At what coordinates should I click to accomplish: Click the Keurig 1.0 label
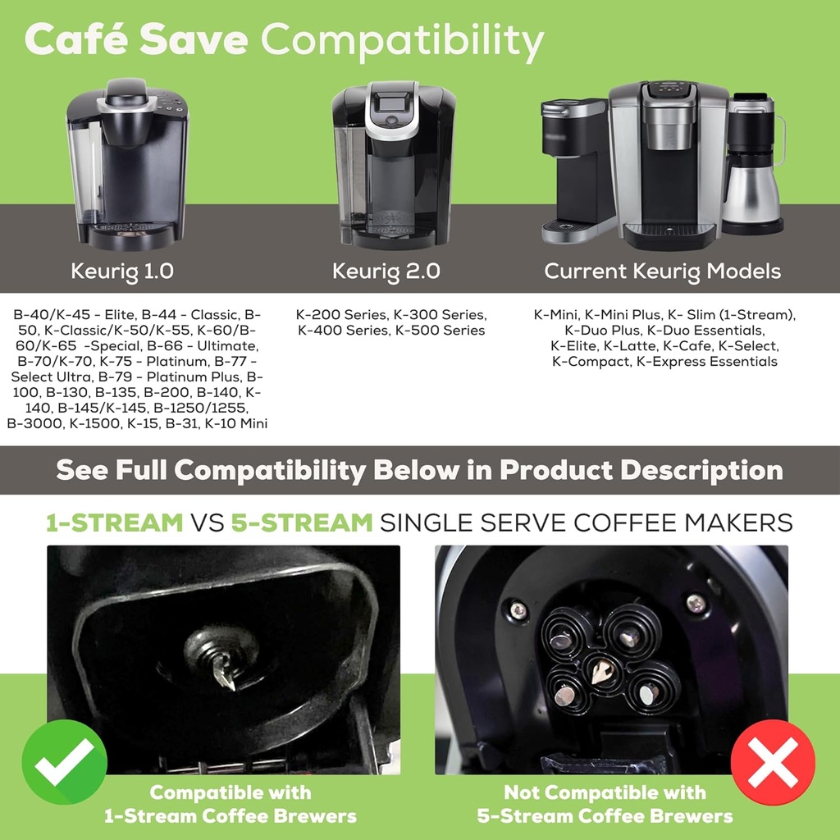(122, 271)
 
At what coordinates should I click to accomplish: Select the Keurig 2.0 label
(386, 271)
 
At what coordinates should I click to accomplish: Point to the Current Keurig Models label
(662, 271)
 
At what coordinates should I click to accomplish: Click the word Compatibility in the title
(402, 39)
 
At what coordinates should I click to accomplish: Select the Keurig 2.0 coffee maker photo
(392, 164)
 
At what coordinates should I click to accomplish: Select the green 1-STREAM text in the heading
(114, 523)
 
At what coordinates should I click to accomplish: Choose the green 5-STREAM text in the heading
(302, 523)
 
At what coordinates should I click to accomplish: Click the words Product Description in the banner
(641, 471)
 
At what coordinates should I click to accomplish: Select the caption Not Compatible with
(605, 792)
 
